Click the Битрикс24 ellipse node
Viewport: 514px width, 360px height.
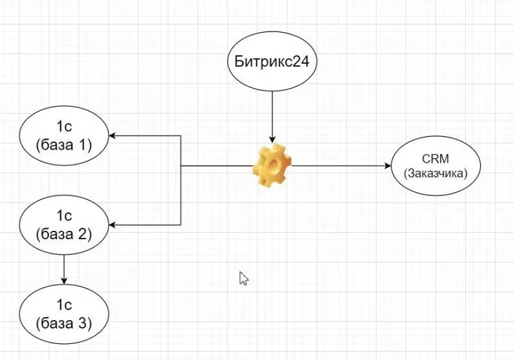point(272,62)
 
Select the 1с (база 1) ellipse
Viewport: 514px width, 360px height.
point(64,136)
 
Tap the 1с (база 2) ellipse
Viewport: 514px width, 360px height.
point(64,224)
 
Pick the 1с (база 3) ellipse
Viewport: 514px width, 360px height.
point(64,313)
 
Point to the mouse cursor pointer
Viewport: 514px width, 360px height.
point(244,277)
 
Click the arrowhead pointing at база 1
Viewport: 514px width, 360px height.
point(112,136)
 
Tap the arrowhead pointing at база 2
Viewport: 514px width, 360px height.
point(112,224)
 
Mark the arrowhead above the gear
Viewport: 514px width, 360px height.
point(272,139)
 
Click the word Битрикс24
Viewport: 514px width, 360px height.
point(272,62)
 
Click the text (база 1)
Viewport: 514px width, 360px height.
point(64,145)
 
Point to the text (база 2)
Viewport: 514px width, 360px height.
point(64,233)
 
